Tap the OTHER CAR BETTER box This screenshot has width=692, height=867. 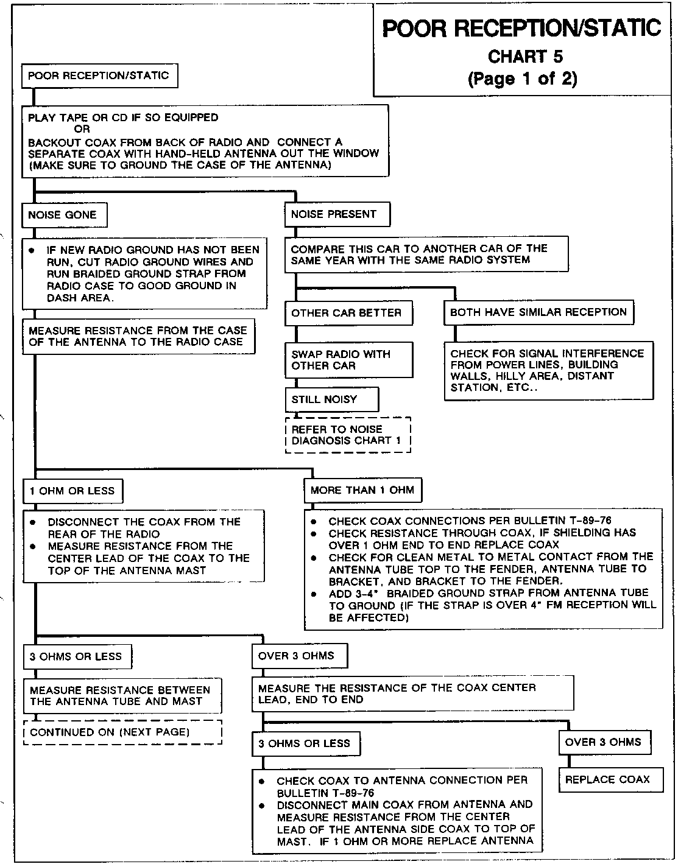point(347,313)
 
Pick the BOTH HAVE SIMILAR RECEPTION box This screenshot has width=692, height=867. point(538,312)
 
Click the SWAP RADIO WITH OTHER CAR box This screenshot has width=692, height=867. point(348,360)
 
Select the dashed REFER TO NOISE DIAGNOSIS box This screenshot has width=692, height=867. point(348,435)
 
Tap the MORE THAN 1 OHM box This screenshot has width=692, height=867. point(362,490)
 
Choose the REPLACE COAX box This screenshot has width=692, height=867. point(610,779)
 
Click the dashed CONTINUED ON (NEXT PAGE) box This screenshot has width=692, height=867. point(122,732)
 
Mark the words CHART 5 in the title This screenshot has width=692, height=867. point(525,57)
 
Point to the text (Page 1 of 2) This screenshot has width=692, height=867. point(522,79)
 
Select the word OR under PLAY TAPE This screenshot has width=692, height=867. point(82,129)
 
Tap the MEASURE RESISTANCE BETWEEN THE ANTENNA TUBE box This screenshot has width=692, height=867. point(121,696)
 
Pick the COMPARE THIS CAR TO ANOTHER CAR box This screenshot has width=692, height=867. point(426,254)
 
